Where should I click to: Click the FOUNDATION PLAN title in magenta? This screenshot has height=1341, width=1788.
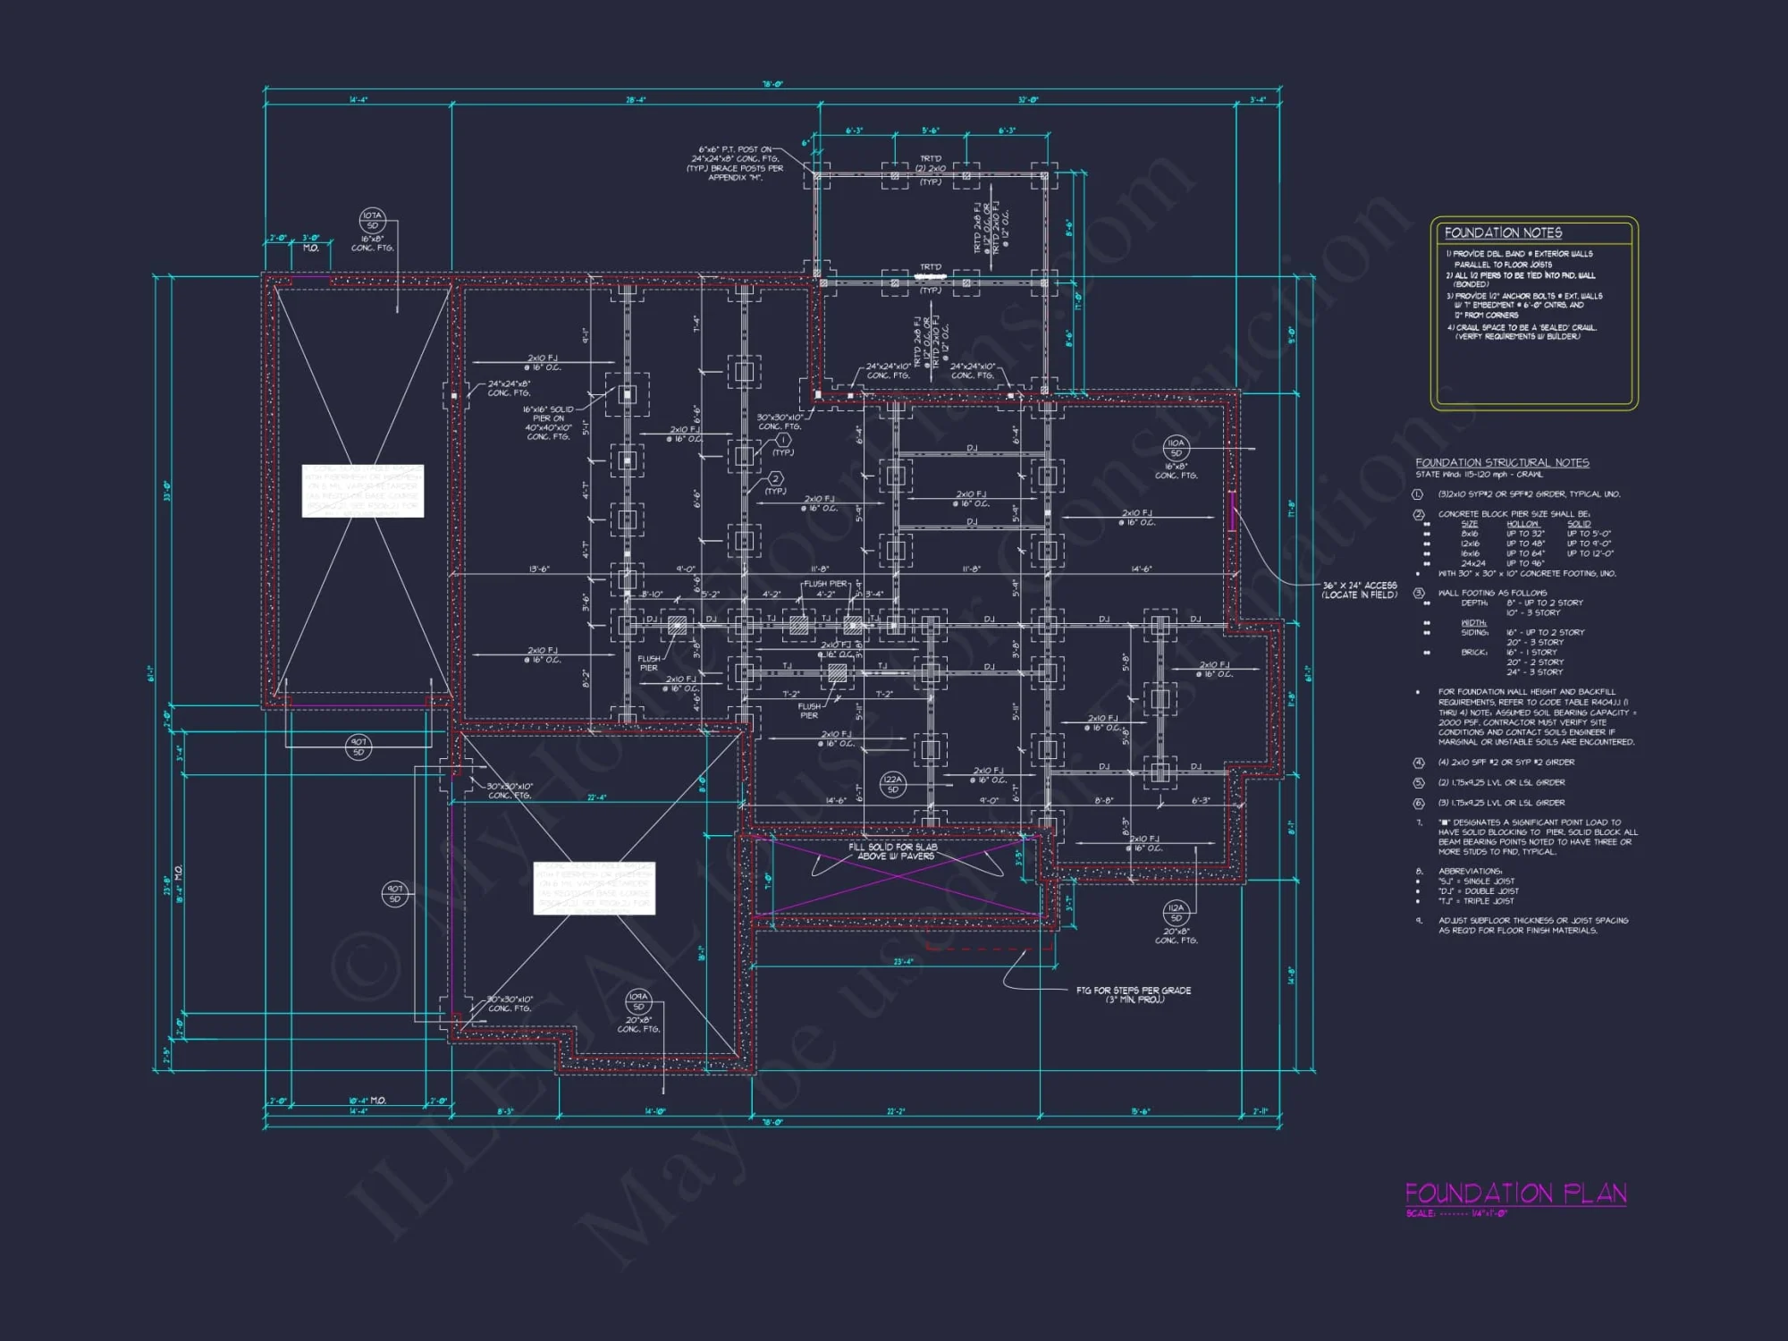(1515, 1193)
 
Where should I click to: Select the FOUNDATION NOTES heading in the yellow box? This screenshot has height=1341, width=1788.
(1503, 232)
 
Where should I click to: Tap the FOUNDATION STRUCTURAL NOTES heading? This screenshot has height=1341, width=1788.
(1502, 462)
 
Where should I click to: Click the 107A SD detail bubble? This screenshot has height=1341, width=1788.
(372, 220)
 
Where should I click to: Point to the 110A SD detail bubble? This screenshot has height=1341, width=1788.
(1176, 447)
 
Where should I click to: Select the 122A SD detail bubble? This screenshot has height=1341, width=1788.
(892, 784)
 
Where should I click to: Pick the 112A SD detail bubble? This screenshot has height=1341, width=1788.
(1176, 912)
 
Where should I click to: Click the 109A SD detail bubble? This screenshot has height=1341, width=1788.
(638, 1001)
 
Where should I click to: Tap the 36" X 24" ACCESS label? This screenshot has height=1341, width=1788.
(1359, 586)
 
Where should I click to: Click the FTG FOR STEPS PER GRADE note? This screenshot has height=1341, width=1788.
(1134, 991)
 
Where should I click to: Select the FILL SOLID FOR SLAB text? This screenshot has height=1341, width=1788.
(892, 847)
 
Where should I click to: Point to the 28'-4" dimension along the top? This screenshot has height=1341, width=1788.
(636, 100)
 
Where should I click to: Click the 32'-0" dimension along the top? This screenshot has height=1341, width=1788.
(1028, 100)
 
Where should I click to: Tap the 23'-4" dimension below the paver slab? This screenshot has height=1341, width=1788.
(904, 962)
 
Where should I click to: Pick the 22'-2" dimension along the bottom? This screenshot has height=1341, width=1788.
(896, 1111)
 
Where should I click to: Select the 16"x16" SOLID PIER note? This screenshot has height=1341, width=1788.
(548, 409)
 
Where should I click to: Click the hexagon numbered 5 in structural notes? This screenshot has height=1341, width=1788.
(1418, 783)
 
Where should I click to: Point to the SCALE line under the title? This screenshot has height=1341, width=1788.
(1456, 1213)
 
